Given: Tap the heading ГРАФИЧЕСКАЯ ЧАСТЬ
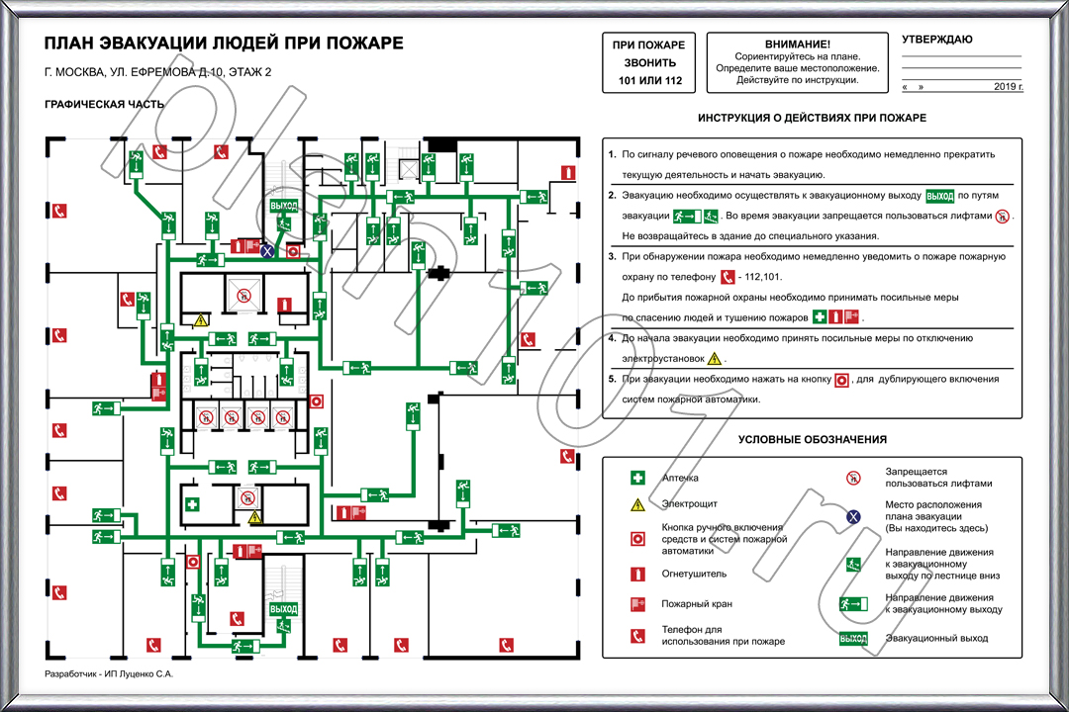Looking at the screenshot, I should coord(104,104).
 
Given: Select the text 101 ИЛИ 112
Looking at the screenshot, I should coord(650,80).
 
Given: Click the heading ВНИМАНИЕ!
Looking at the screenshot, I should coord(798,44).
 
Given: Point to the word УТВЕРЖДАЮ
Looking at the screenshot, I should coord(936,40).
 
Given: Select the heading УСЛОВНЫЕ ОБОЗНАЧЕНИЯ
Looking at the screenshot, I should coord(812,439).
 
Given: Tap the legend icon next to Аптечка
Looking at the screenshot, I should coord(638,479).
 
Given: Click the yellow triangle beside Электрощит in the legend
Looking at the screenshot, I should coord(638,505).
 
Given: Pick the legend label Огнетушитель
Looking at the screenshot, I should coord(694,574).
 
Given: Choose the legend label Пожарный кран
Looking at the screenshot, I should coord(697,604).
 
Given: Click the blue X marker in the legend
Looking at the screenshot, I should coord(853,516).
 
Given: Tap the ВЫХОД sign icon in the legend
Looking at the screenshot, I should coord(853,639).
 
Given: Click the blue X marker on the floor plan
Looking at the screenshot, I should coord(266,252).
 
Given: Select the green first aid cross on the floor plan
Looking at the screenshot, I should coord(193,505).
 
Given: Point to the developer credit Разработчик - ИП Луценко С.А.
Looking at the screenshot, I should coord(109,673).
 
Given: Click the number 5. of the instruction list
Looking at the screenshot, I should coord(613,379).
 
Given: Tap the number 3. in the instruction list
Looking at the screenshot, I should coord(613,256).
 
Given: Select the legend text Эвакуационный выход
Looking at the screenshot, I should coord(936,639).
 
